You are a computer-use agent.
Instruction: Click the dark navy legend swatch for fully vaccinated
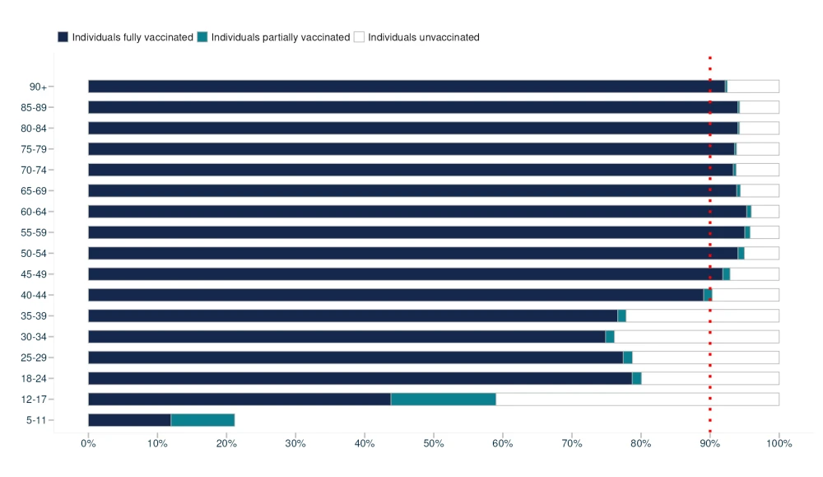coord(63,37)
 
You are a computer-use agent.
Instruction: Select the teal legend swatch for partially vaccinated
coord(202,37)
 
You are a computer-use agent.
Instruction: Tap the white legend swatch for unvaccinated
coord(359,37)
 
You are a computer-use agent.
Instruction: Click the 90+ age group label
coord(39,87)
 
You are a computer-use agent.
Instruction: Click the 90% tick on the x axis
coord(709,443)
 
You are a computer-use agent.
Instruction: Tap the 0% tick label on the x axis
coord(88,443)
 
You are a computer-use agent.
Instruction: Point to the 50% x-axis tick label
coord(434,443)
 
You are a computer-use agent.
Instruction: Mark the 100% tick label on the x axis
coord(779,443)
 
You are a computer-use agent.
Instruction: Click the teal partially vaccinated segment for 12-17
coord(443,400)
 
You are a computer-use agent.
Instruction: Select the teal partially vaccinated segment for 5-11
coord(202,420)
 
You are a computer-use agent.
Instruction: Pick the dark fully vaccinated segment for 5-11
coord(129,420)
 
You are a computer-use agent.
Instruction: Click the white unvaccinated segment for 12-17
coord(637,400)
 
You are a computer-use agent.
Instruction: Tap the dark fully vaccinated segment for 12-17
coord(239,400)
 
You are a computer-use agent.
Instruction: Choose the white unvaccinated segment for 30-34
coord(696,337)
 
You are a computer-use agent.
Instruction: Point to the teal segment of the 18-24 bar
coord(636,379)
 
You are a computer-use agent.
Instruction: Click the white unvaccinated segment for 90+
coord(753,87)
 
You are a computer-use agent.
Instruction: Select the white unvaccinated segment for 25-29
coord(705,358)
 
